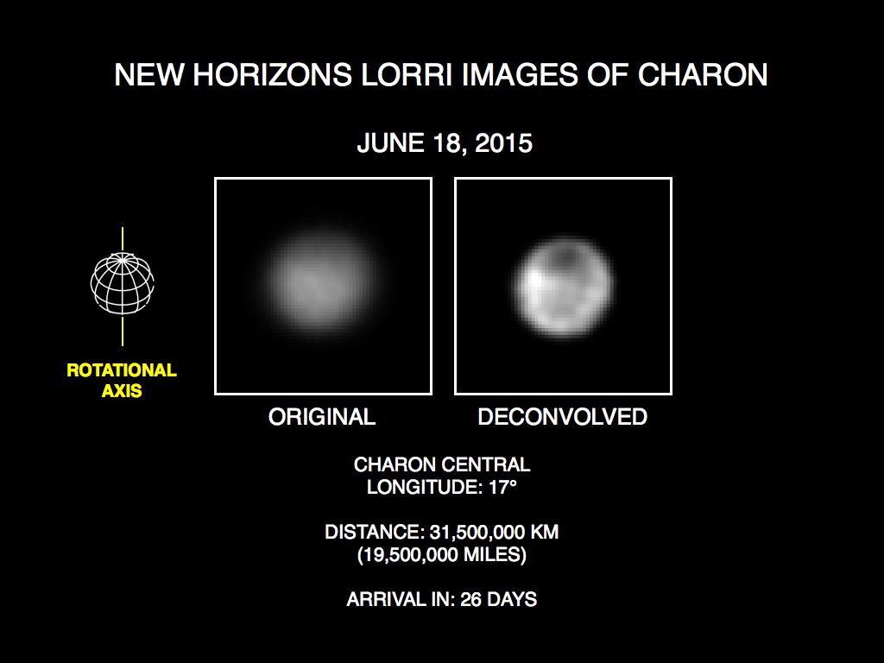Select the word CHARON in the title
tap(703, 75)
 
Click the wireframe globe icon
tap(123, 283)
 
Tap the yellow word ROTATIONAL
tap(122, 370)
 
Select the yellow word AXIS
tap(122, 390)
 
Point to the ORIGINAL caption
tap(322, 417)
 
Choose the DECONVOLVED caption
tap(562, 417)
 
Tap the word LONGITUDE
tap(418, 487)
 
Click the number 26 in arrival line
tap(467, 599)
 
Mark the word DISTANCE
tap(369, 532)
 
